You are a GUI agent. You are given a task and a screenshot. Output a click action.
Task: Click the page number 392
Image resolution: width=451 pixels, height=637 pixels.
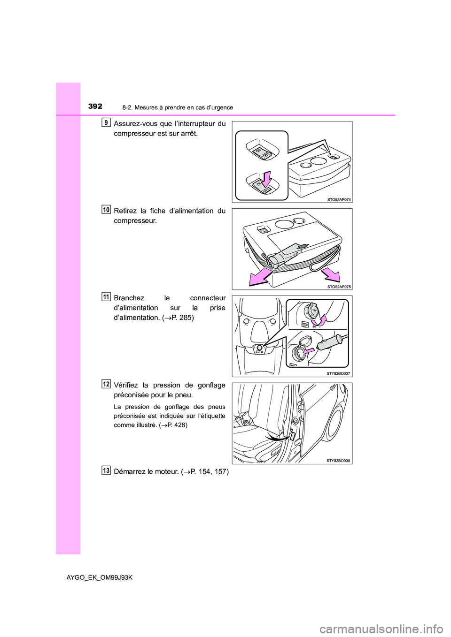(95, 106)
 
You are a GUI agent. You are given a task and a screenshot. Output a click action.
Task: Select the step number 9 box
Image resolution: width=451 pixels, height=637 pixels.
(106, 123)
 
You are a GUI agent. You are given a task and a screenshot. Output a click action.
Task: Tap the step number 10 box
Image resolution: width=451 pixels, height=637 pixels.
(106, 210)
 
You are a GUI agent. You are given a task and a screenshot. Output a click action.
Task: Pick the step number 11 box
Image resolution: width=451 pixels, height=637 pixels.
(106, 296)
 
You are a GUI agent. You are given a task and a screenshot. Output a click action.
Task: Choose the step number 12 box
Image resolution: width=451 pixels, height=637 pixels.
(106, 384)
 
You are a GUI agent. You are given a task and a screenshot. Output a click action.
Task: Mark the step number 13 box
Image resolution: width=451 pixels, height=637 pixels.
(106, 470)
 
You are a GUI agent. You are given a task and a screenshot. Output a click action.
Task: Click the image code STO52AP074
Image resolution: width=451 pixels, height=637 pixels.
(339, 199)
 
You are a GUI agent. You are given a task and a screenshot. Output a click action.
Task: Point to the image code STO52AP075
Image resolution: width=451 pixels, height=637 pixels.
(339, 286)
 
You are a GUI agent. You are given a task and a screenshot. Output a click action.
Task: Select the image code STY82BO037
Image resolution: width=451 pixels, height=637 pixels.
(339, 373)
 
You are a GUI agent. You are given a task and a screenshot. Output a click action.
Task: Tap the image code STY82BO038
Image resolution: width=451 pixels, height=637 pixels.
(339, 461)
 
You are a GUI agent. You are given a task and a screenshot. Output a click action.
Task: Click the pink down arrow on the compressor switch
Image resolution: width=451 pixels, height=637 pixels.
(266, 179)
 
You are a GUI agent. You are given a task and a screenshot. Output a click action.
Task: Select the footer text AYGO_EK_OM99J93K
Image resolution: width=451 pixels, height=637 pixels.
(100, 577)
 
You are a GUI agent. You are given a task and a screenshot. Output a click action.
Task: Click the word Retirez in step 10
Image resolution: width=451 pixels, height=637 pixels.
(125, 211)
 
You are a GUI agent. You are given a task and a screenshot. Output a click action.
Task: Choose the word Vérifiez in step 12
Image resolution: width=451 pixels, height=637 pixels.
(127, 385)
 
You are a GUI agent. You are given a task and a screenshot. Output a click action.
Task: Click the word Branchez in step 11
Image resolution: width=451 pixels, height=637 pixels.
(129, 298)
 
